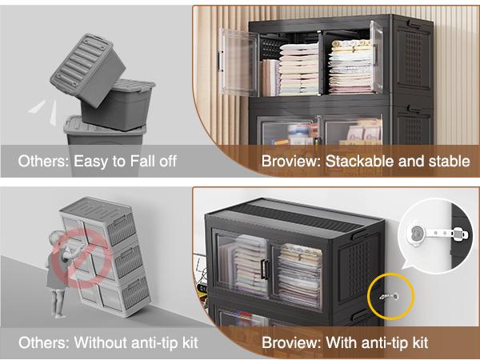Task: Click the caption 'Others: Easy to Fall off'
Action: coord(97,162)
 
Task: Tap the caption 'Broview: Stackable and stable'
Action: coord(366,162)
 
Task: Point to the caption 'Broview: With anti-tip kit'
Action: coord(345,342)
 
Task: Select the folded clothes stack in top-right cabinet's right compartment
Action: coord(350,67)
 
